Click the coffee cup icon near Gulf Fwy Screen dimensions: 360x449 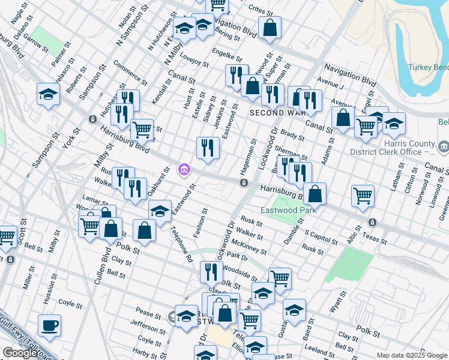coord(49,325)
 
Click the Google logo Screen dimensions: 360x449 coord(20,353)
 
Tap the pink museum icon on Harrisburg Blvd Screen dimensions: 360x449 coord(184,170)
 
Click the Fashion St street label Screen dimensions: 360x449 coord(202,222)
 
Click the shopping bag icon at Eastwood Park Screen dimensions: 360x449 coord(315,193)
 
